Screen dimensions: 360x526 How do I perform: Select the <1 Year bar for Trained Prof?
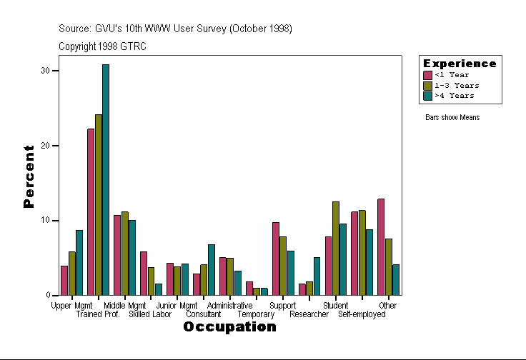(91, 212)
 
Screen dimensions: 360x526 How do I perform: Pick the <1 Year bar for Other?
(381, 247)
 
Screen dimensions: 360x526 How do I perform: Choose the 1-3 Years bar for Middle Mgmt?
(125, 254)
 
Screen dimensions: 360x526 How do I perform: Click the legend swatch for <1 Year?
(428, 75)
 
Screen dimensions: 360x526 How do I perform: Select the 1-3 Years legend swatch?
(428, 85)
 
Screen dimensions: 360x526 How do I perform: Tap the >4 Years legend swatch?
(428, 95)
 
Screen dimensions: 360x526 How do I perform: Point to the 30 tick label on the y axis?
(46, 71)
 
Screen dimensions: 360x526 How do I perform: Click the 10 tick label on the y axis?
(46, 221)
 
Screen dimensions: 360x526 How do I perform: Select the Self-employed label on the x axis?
(362, 314)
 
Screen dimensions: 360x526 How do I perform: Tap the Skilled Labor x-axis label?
(150, 314)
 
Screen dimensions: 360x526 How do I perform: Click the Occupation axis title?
(229, 327)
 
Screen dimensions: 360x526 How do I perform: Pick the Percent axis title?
(29, 176)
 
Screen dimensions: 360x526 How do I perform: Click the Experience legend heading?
(460, 64)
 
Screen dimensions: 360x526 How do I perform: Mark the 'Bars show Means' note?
(452, 117)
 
